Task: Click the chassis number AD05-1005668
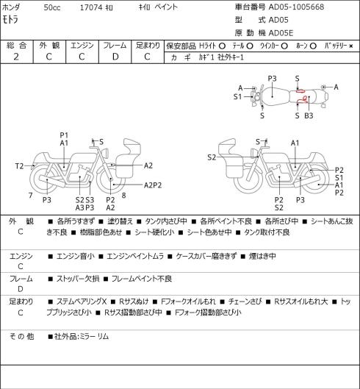pyautogui.click(x=296, y=7)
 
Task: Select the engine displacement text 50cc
pyautogui.click(x=52, y=7)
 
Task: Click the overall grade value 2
pyautogui.click(x=16, y=57)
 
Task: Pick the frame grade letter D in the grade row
pyautogui.click(x=115, y=57)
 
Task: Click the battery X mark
pyautogui.click(x=351, y=46)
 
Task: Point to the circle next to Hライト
pyautogui.click(x=222, y=46)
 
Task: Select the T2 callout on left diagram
pyautogui.click(x=19, y=166)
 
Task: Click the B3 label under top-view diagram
pyautogui.click(x=309, y=115)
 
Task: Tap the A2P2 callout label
pyautogui.click(x=153, y=185)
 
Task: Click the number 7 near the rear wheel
pyautogui.click(x=31, y=196)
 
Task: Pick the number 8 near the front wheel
pyautogui.click(x=123, y=196)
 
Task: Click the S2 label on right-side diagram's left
pyautogui.click(x=212, y=157)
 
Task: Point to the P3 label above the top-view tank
pyautogui.click(x=272, y=79)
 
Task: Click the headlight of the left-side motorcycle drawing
pyautogui.click(x=106, y=153)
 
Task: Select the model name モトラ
pyautogui.click(x=10, y=19)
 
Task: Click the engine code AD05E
pyautogui.click(x=281, y=33)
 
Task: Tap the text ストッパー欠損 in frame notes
pyautogui.click(x=78, y=279)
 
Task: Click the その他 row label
pyautogui.click(x=21, y=336)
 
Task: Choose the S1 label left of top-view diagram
pyautogui.click(x=237, y=96)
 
